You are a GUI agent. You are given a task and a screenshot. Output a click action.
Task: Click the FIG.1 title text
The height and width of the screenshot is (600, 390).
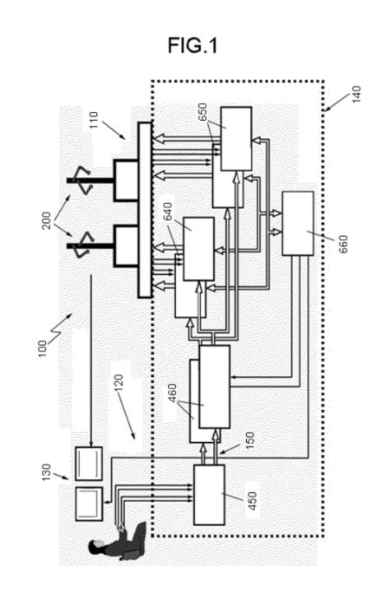[x=193, y=47]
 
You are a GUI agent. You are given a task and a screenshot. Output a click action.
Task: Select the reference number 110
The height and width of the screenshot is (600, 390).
[x=97, y=128]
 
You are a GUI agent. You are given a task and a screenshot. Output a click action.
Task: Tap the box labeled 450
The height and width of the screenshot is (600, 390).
[x=209, y=494]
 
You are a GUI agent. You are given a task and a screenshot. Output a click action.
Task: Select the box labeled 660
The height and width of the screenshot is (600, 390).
[x=297, y=222]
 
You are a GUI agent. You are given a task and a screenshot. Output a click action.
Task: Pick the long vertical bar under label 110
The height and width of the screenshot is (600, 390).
[x=145, y=209]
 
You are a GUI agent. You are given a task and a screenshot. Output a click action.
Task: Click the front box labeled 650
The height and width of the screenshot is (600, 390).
[x=235, y=138]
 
